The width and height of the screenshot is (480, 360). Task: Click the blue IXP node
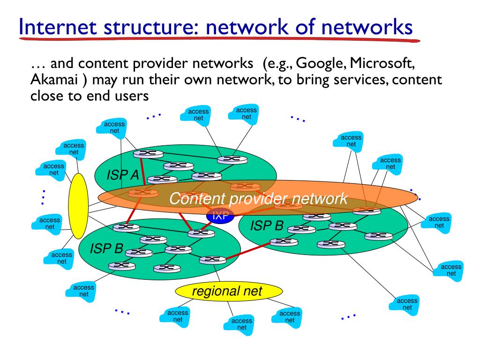pos(220,216)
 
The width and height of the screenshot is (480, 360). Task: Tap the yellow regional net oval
pos(229,292)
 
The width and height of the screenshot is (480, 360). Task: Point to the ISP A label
pos(122,175)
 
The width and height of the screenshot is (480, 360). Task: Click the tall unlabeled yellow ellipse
pos(78,207)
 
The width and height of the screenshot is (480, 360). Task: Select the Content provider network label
pos(258,199)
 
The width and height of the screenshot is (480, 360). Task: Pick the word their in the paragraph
pos(161,79)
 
